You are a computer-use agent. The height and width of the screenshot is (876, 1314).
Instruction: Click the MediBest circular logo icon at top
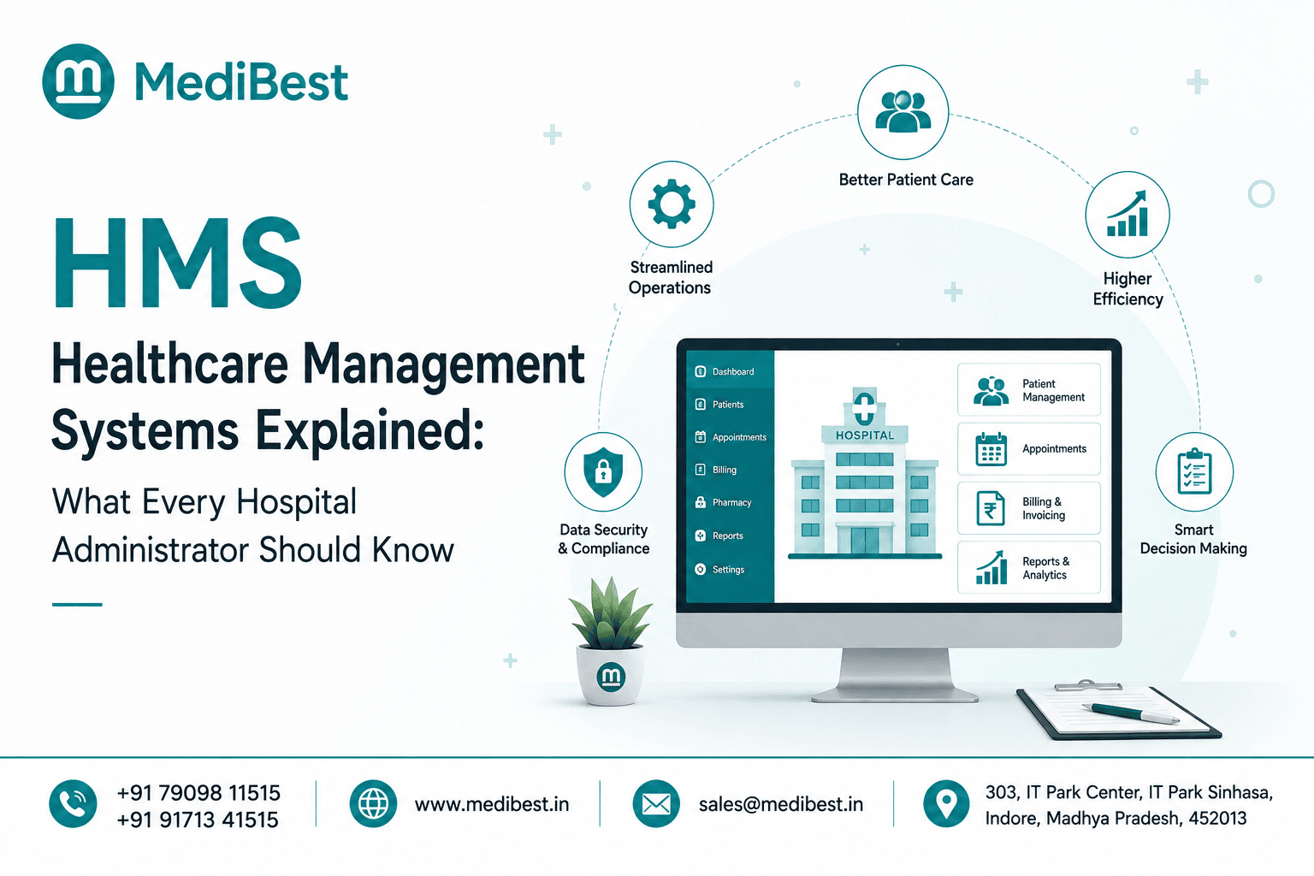coord(78,81)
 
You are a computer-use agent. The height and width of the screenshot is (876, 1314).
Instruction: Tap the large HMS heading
coord(178,263)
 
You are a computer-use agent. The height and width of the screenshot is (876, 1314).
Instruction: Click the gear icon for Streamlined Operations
coord(672,204)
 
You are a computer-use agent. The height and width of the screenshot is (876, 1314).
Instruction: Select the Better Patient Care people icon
coord(903,111)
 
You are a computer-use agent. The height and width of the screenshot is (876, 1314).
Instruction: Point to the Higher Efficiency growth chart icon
coord(1127,214)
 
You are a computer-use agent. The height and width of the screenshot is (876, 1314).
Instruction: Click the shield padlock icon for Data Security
coord(603,471)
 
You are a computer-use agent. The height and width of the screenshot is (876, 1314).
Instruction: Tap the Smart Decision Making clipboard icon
coord(1194,471)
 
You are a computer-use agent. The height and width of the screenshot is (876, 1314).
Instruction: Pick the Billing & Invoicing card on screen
coord(1029,508)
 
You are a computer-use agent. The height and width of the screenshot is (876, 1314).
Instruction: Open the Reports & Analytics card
coord(1029,567)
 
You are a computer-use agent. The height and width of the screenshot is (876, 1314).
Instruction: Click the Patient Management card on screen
coord(1029,389)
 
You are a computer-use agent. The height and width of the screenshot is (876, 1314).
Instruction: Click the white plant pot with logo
coord(611,675)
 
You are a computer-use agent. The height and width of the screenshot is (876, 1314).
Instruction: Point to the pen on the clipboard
coord(1130,713)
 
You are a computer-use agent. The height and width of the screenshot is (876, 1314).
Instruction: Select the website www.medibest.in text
coord(492,804)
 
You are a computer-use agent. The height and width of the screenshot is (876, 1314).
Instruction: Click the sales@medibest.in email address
coord(781,804)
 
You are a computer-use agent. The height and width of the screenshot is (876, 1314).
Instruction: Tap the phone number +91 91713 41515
coord(198,820)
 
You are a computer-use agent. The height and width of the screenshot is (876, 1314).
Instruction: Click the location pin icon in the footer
coord(945,803)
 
